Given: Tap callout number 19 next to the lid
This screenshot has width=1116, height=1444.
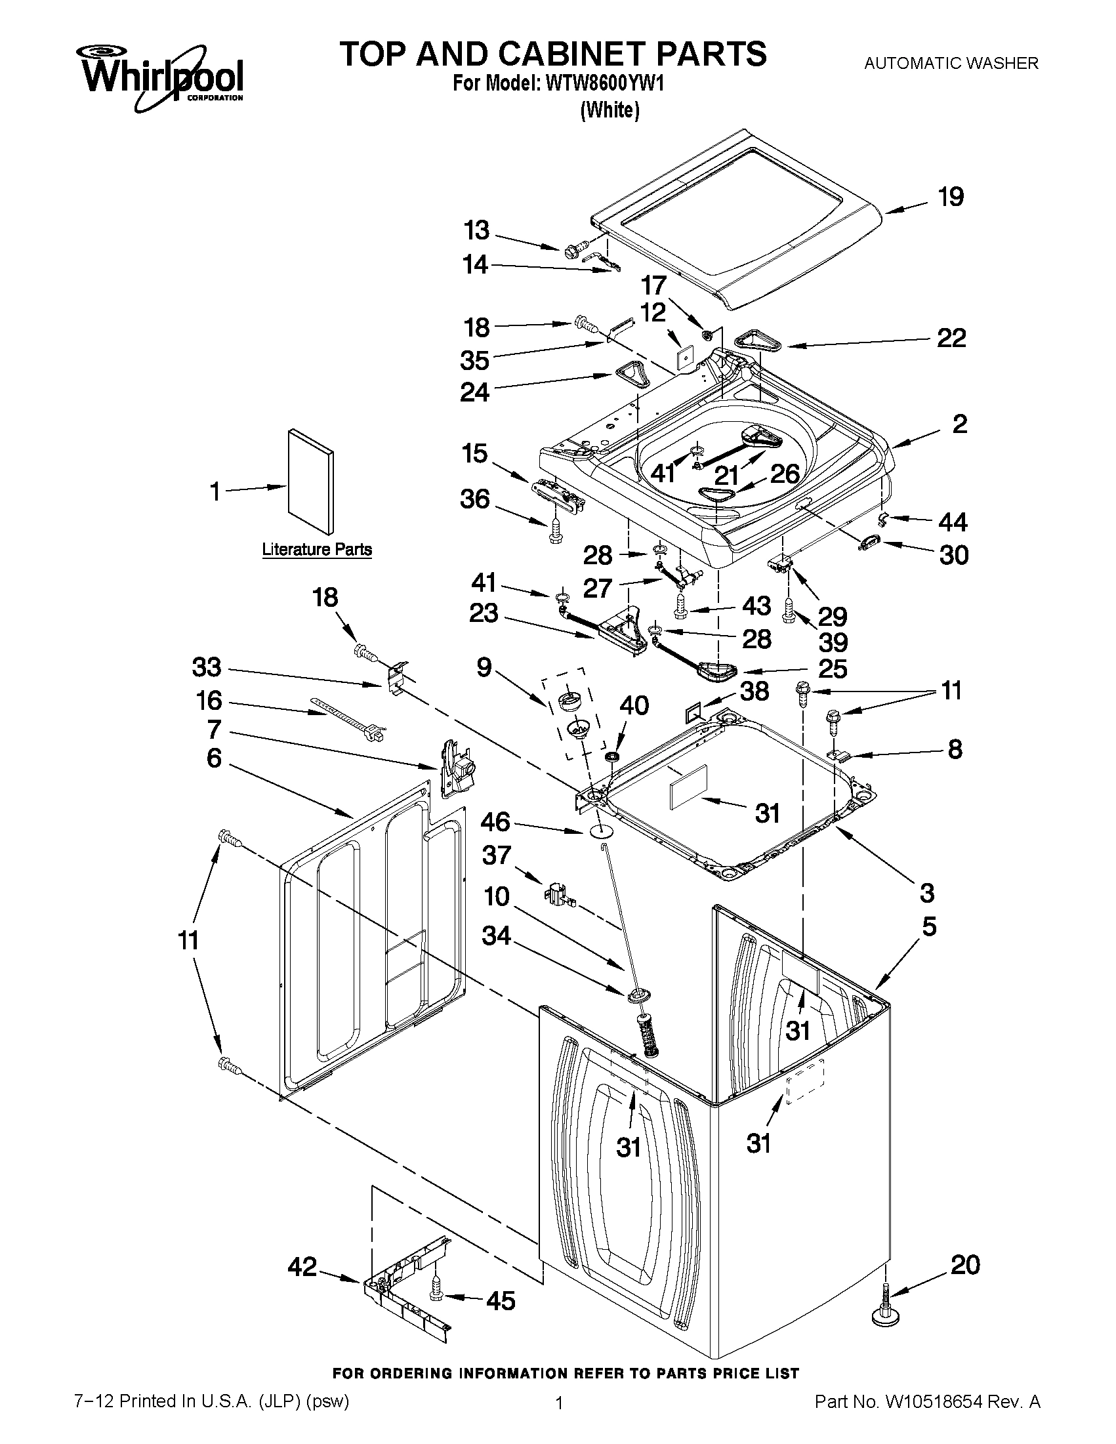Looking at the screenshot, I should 950,197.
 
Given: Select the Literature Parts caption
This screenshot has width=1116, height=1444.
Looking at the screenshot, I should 317,549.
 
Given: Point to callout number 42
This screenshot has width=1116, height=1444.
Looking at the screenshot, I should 303,1267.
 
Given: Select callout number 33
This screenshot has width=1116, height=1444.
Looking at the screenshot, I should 206,667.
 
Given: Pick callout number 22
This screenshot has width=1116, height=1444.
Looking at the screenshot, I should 951,339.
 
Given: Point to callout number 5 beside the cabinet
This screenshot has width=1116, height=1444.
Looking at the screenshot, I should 929,927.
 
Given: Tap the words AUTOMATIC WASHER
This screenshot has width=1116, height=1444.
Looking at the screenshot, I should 951,64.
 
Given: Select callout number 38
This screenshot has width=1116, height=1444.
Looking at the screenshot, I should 754,691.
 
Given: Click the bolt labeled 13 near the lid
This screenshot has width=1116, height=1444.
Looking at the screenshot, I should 571,251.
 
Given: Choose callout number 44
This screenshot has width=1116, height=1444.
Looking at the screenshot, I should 953,522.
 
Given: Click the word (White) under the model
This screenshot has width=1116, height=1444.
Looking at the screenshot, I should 610,110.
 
